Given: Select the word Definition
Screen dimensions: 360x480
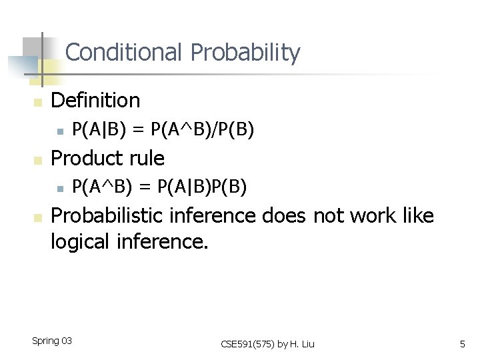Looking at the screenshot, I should coord(95,101).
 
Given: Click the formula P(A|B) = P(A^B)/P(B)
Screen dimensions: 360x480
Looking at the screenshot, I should coord(163,130).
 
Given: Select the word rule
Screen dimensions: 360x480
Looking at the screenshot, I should coord(147,159).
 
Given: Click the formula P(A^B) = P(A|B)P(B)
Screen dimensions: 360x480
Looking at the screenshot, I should coord(159,188).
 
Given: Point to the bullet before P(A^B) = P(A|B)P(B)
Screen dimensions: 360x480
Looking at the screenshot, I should coord(59,189).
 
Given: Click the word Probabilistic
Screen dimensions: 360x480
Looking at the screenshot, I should coord(108,217).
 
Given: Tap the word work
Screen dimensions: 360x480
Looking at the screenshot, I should coord(366,216).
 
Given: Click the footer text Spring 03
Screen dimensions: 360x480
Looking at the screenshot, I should coord(52,341).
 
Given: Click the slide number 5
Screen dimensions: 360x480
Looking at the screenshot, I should coord(462,344).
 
